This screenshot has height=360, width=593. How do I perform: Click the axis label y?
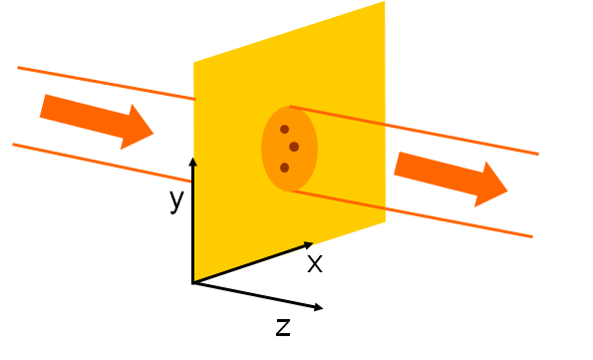[176, 200]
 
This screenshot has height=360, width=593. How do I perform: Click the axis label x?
[314, 264]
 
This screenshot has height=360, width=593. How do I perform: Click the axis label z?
[283, 326]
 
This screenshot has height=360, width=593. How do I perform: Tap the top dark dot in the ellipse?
[284, 129]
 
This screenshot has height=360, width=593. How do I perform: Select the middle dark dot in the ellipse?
[294, 147]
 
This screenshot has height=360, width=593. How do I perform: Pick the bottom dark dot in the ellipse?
[284, 168]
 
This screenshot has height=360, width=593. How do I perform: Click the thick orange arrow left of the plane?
[96, 120]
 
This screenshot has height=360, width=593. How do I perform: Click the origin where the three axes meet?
[193, 283]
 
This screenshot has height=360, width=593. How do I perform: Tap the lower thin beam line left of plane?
[100, 163]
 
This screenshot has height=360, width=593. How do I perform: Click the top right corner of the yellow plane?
[384, 3]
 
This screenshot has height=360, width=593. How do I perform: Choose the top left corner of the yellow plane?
[194, 64]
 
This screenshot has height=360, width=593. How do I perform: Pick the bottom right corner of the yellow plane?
[384, 220]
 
